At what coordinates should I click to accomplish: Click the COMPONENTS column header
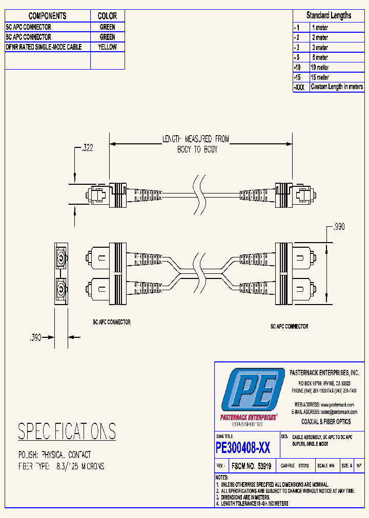[47, 16]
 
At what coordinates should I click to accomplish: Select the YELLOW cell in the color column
[108, 47]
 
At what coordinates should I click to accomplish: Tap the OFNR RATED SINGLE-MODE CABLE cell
[47, 47]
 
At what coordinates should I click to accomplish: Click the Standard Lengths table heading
[329, 15]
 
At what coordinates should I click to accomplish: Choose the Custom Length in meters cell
[337, 87]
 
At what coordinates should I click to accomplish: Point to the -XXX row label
[300, 88]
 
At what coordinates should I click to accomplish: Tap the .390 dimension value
[35, 337]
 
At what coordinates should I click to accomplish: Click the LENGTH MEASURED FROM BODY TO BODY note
[196, 144]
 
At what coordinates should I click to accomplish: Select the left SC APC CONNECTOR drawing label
[111, 322]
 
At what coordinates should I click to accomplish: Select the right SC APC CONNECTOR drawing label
[289, 326]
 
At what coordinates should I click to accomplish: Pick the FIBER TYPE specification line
[61, 466]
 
